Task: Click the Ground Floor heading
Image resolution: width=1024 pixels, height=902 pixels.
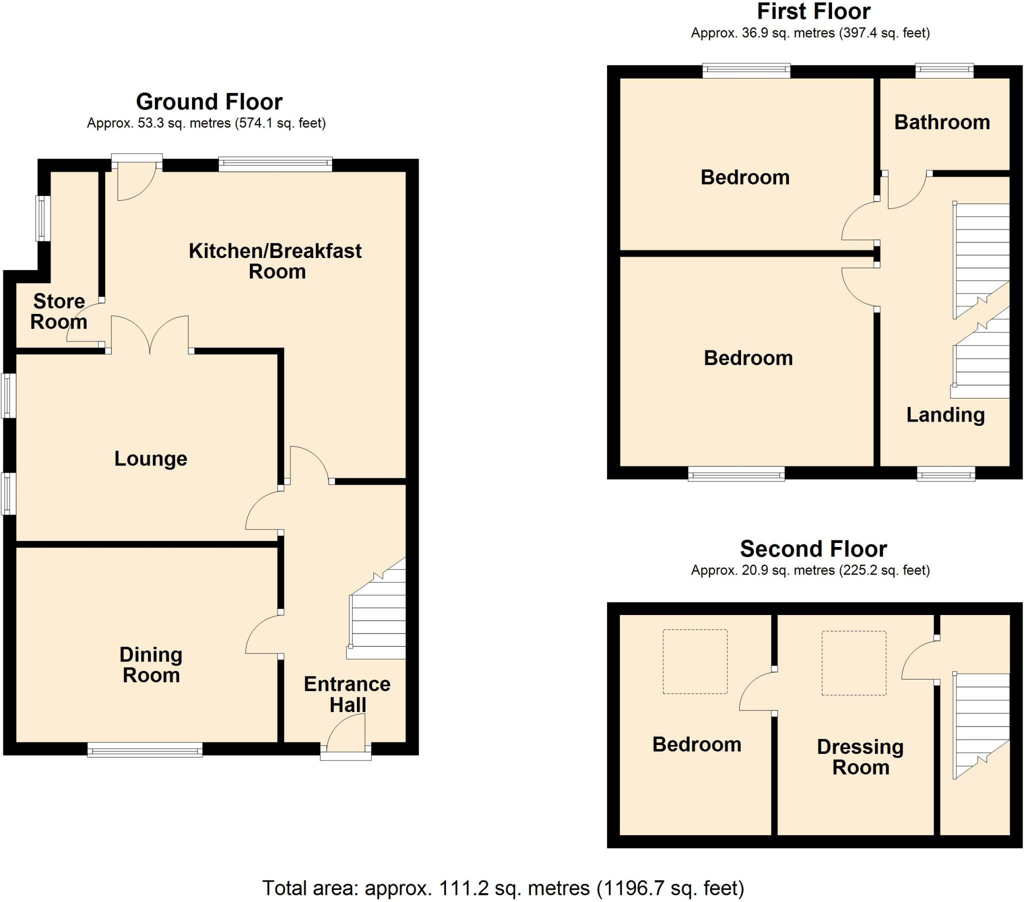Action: pos(209,101)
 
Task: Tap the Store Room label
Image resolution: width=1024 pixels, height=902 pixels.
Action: pos(58,311)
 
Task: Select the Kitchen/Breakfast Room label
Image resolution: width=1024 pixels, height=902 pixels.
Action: pos(275,261)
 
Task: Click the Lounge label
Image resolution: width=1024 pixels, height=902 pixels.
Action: pos(151,458)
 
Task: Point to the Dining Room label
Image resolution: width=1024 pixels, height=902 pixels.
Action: pos(151,665)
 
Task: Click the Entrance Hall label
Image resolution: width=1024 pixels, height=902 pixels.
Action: pos(347,694)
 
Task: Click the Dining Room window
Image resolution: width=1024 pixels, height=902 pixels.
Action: pos(145,750)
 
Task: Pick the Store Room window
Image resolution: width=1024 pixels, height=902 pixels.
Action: pos(42,218)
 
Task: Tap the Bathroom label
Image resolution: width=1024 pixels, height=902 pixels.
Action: pos(942,122)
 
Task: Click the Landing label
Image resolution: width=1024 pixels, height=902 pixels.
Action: pos(945,415)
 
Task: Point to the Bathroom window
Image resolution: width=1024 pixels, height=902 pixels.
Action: pos(944,70)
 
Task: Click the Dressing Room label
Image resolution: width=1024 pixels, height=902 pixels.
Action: pos(860,757)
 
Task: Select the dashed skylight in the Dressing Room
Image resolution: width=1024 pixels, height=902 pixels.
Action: pos(853,663)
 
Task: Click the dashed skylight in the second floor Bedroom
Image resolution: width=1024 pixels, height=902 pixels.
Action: pos(695,661)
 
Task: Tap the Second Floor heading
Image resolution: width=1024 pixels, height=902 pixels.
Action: pos(813,548)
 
